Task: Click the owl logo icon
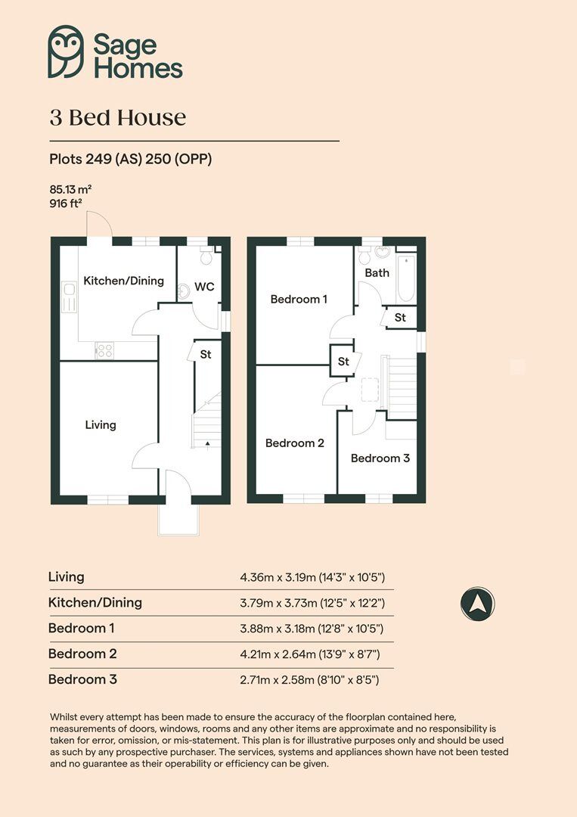point(66,51)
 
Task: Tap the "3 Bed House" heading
point(118,118)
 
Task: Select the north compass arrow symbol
point(477,604)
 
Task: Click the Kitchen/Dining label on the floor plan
point(123,281)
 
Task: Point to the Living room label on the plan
point(101,424)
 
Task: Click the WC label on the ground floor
point(204,287)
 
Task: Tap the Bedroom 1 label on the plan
point(299,299)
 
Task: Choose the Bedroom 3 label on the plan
point(380,458)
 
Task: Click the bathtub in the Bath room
point(406,278)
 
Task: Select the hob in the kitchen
point(104,350)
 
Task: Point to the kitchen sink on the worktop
point(69,297)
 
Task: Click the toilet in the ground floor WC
point(206,256)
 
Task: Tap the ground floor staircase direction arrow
point(207,444)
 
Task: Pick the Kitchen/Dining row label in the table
point(95,602)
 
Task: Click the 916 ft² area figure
point(66,203)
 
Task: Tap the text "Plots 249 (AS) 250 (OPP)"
point(131,159)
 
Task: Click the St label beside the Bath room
point(400,317)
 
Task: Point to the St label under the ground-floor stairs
point(206,354)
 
